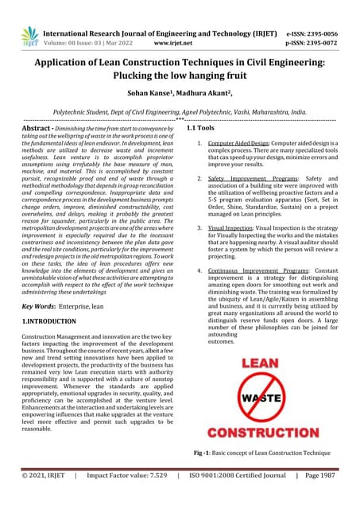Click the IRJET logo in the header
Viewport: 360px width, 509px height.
click(30, 37)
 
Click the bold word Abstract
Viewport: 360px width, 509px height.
click(38, 128)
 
